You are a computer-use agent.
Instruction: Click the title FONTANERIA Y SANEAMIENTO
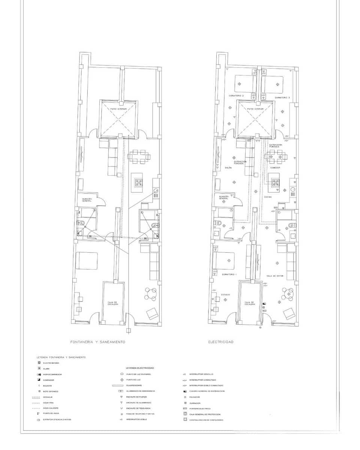tap(97, 342)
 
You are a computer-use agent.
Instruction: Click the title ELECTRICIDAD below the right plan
tap(221, 342)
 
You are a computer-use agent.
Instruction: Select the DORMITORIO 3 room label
tap(282, 97)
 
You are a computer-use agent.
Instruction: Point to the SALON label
tap(228, 168)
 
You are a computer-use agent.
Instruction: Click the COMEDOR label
tap(275, 168)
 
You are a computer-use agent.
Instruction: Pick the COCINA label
tap(268, 197)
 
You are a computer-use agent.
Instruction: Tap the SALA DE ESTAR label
tap(275, 276)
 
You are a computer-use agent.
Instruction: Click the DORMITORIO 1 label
tap(229, 274)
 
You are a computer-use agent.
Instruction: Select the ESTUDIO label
tap(225, 294)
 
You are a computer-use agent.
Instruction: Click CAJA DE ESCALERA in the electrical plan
tap(250, 303)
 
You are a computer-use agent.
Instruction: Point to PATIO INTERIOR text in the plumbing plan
tap(118, 109)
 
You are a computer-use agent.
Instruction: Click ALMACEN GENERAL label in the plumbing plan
tap(87, 200)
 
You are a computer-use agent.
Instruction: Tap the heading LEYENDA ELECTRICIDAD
tap(139, 368)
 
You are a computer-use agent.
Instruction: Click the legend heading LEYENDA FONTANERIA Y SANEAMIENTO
tap(61, 357)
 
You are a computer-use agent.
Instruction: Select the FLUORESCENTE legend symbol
tap(117, 385)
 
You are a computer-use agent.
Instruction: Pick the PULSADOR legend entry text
tap(195, 397)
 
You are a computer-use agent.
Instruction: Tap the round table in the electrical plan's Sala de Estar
tap(288, 294)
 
